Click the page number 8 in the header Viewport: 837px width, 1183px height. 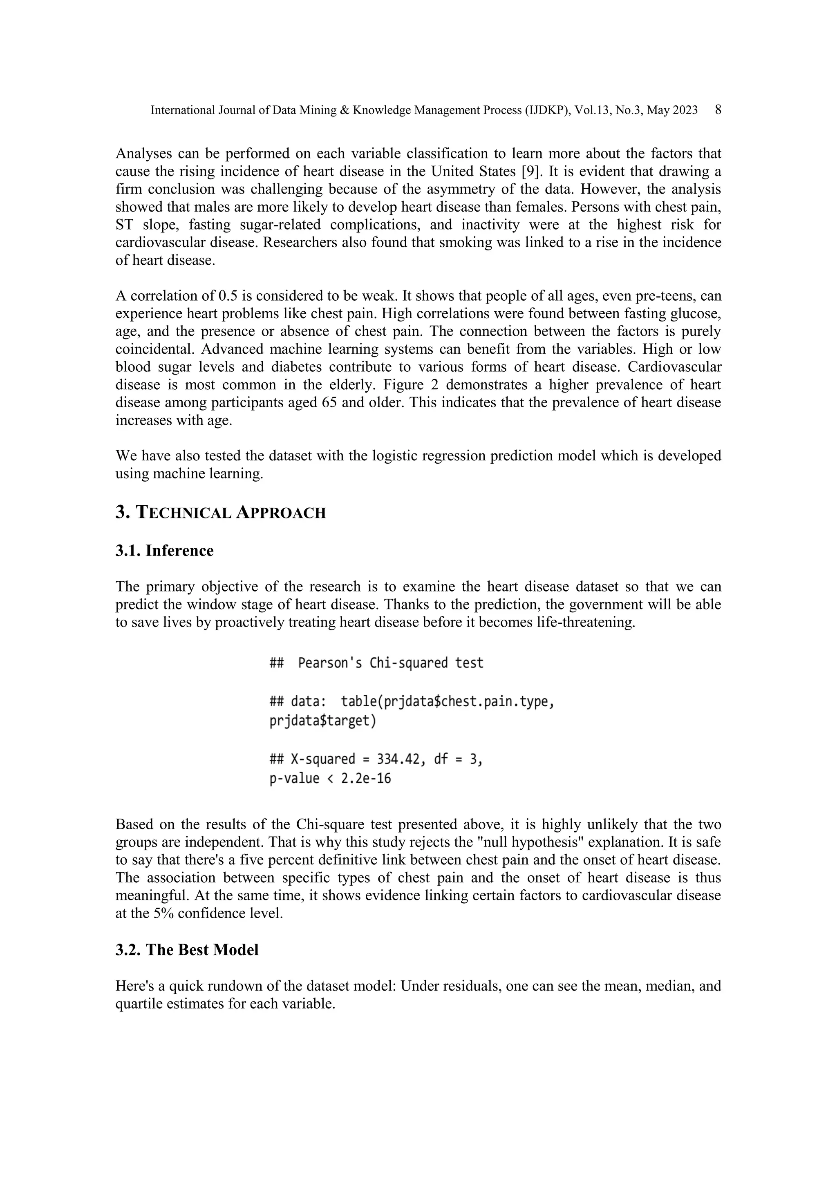point(718,110)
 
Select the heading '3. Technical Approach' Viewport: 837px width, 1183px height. point(221,513)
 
